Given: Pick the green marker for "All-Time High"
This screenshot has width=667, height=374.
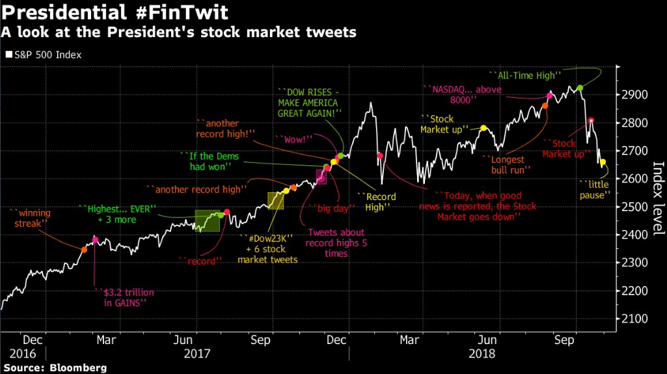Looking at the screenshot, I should click(580, 87).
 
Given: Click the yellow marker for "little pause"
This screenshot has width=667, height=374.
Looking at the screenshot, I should click(603, 162).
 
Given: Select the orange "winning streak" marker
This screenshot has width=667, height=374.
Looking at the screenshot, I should click(84, 250).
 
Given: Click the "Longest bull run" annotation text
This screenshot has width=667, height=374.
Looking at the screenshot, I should click(508, 164).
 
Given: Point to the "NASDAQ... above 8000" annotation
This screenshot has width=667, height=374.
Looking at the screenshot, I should click(463, 94).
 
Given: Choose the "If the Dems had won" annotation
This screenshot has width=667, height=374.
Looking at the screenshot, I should click(210, 162).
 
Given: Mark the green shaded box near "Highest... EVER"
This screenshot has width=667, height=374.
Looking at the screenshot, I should click(209, 220).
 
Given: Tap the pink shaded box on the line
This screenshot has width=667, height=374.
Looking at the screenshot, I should click(321, 176).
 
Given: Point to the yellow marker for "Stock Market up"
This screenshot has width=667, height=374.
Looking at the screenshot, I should click(483, 128).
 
